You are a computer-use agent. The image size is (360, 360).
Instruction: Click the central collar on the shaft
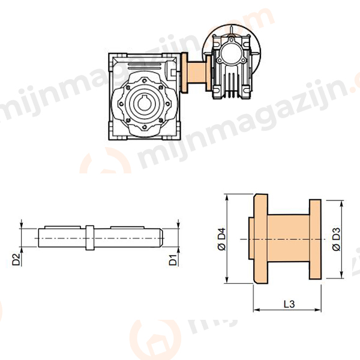coord(89,238)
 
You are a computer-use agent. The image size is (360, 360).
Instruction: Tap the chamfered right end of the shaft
coord(161,238)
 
